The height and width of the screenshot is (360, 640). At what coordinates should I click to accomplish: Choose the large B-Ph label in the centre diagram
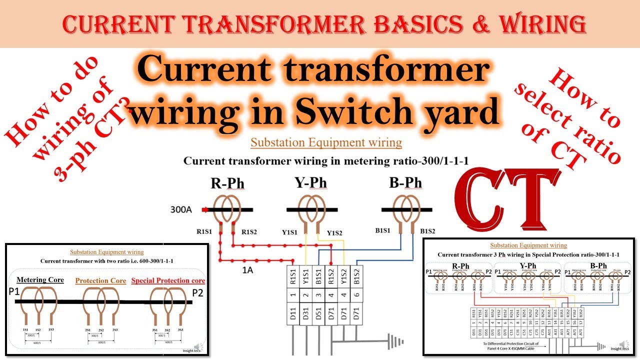click(x=405, y=183)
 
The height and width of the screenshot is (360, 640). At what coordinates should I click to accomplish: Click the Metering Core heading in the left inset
click(x=40, y=280)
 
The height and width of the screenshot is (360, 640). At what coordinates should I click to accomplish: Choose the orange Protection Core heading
click(x=100, y=281)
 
